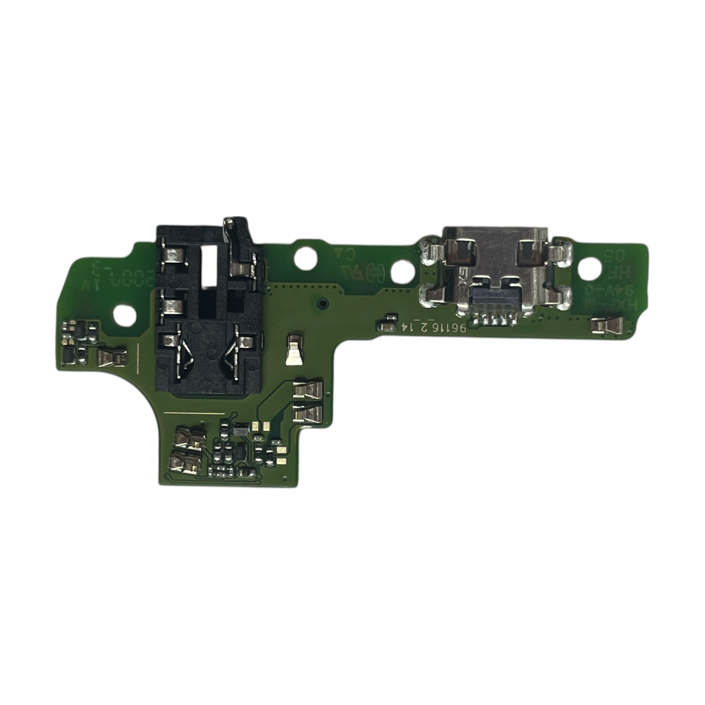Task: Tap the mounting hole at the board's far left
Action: pyautogui.click(x=125, y=315)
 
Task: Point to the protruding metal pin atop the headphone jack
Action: pyautogui.click(x=229, y=226)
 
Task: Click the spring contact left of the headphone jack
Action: pyautogui.click(x=112, y=356)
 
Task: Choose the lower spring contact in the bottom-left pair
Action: pyautogui.click(x=185, y=462)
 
